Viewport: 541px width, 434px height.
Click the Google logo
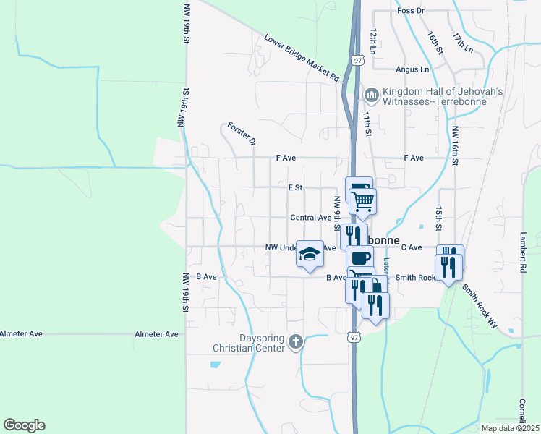[x=24, y=425]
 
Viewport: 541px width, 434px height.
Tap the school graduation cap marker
[x=310, y=254]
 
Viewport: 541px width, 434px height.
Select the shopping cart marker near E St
[x=363, y=200]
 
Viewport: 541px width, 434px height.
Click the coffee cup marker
[x=360, y=258]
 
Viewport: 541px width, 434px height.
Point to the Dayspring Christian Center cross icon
[x=295, y=342]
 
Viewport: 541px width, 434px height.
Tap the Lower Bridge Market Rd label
[x=302, y=57]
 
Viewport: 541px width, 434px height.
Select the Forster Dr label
[x=242, y=133]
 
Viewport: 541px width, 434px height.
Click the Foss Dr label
[x=410, y=11]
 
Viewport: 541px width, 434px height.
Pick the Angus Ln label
[x=412, y=69]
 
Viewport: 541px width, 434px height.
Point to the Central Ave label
[x=310, y=217]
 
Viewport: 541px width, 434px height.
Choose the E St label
[x=294, y=187]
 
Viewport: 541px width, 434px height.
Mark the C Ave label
[x=412, y=247]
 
